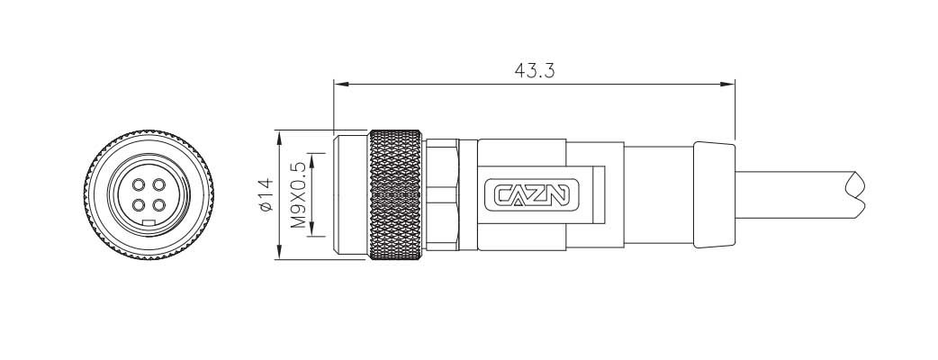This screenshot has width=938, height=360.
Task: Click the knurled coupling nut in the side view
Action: (395, 195)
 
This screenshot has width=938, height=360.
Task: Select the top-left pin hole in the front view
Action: (140, 185)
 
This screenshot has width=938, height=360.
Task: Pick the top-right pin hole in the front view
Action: (158, 185)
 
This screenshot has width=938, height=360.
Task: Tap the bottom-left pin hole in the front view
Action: (140, 205)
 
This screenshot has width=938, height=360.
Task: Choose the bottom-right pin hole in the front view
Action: (158, 205)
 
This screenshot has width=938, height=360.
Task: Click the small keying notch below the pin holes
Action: (149, 221)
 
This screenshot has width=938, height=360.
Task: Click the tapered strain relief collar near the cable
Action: (713, 195)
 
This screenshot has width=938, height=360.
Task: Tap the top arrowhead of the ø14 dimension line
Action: (278, 137)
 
